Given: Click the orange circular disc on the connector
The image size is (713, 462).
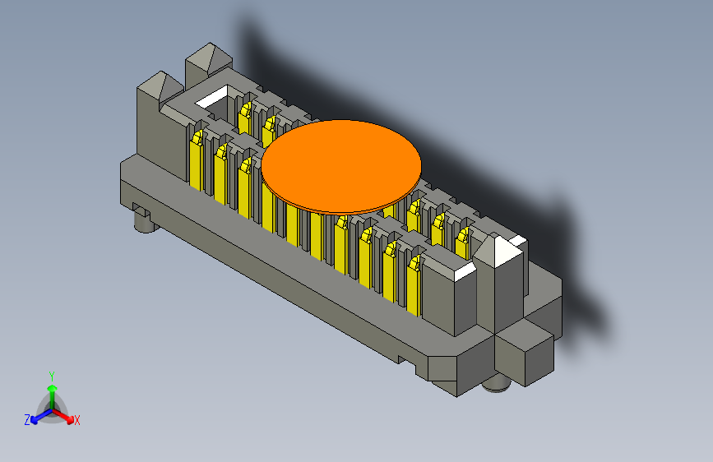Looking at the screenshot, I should point(341,164).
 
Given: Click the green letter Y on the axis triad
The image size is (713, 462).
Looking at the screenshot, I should point(51,374).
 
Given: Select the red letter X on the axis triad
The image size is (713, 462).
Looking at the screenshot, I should point(77,421).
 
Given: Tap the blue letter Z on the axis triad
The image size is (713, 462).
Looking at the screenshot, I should point(27,420).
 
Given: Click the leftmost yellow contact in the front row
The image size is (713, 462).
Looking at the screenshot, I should point(196,160).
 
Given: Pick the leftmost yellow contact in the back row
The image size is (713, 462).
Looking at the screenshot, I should point(244,116).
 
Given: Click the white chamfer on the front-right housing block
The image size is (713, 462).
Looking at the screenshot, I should point(465,270).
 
